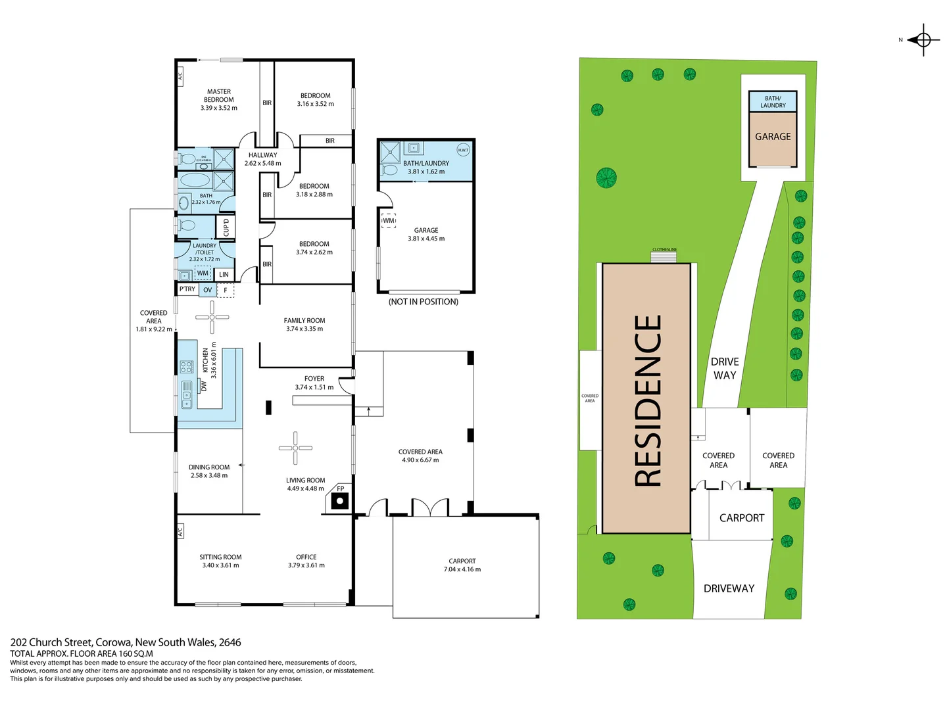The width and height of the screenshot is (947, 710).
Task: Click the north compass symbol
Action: click(923, 40)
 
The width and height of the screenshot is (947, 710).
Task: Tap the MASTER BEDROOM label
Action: click(219, 99)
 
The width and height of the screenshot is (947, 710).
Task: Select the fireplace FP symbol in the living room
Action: click(339, 501)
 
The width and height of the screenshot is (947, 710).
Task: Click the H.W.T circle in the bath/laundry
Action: click(463, 150)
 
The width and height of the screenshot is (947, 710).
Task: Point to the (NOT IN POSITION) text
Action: click(423, 302)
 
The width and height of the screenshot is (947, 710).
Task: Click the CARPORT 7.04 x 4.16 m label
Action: click(462, 565)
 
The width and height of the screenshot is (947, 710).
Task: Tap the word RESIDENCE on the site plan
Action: click(647, 400)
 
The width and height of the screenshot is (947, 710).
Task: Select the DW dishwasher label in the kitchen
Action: click(204, 386)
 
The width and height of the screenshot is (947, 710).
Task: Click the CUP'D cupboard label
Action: click(226, 227)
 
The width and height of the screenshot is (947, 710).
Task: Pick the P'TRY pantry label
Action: click(187, 289)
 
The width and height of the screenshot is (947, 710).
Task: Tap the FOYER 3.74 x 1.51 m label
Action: click(314, 383)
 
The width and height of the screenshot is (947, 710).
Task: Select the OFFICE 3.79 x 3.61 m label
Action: click(306, 561)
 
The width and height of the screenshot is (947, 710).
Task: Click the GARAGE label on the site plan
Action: click(773, 137)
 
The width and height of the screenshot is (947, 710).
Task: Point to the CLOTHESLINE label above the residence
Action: click(664, 250)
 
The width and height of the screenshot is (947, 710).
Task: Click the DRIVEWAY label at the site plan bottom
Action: click(729, 588)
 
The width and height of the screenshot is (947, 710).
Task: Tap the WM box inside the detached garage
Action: click(389, 221)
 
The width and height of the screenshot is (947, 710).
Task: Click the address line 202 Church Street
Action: click(126, 642)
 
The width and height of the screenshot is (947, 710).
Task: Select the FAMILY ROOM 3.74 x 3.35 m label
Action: click(304, 324)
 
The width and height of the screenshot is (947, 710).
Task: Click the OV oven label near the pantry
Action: click(208, 290)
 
